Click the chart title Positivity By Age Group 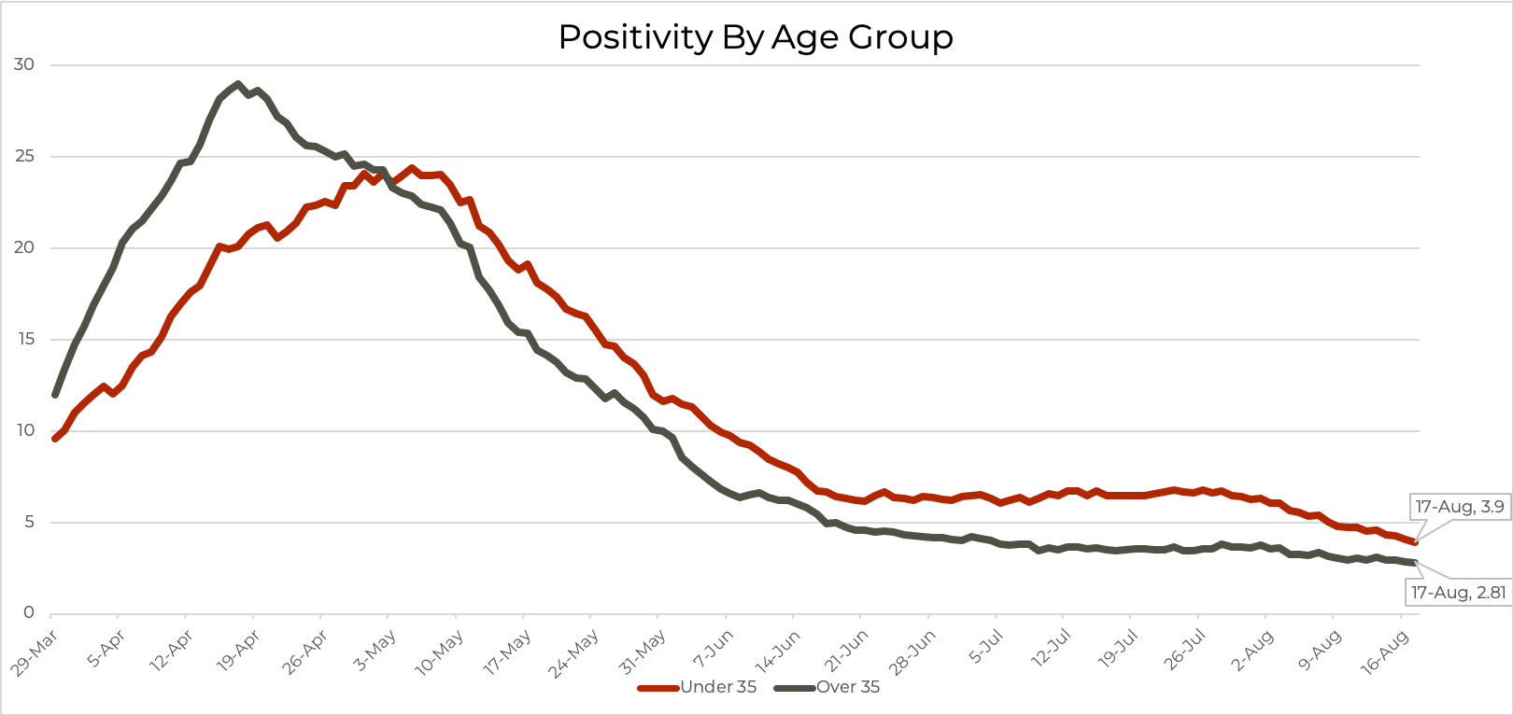click(756, 37)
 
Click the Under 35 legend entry click(717, 687)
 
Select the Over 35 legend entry click(847, 687)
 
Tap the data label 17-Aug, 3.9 click(1459, 507)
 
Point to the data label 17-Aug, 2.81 click(1458, 592)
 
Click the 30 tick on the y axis click(24, 64)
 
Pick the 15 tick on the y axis click(24, 339)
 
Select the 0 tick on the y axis click(29, 612)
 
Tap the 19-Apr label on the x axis click(238, 652)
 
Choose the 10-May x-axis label click(440, 652)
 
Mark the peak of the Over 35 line click(237, 84)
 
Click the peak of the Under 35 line click(411, 169)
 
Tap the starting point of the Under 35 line click(55, 438)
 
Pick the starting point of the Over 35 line click(55, 394)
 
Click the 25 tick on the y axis click(24, 156)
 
